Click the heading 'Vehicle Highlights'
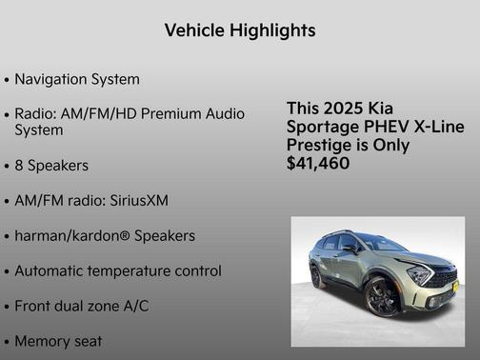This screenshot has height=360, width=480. click(x=239, y=30)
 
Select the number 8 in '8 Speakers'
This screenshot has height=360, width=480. click(x=19, y=166)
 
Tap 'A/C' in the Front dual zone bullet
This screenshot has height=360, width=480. click(x=133, y=306)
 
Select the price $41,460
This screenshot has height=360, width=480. click(x=317, y=164)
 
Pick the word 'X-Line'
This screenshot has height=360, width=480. click(x=438, y=127)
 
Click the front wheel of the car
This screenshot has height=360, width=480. click(x=382, y=298)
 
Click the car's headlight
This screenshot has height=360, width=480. click(x=419, y=276)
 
